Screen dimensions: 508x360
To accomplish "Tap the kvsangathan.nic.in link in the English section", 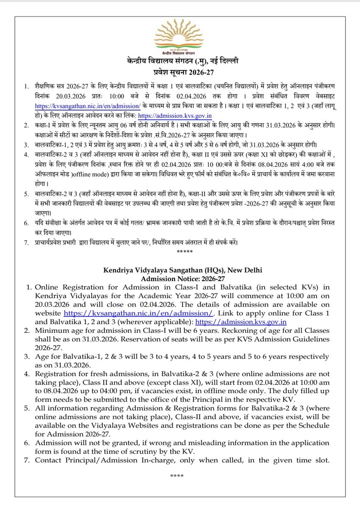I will (x=138, y=313).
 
